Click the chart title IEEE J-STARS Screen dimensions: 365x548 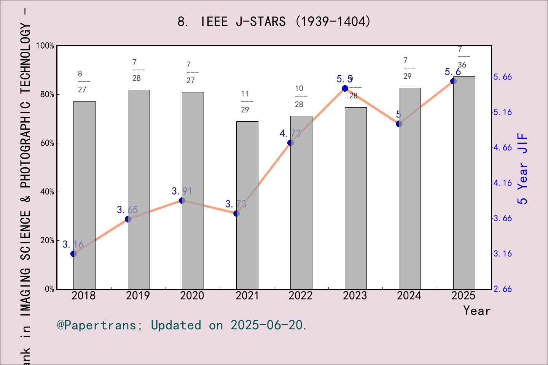point(274,22)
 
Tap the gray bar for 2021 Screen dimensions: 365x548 point(247,205)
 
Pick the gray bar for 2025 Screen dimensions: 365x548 point(464,183)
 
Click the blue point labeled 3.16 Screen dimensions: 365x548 point(73,254)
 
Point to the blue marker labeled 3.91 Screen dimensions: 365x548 point(182,200)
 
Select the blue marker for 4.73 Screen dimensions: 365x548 point(290,143)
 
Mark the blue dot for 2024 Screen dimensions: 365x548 point(399,124)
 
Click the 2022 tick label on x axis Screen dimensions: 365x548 point(300,296)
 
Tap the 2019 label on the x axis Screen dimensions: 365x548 point(138,296)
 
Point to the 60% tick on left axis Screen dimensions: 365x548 point(47,143)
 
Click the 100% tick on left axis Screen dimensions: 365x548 point(45,46)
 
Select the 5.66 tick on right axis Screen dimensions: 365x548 point(502,77)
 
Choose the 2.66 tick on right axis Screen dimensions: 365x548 point(502,289)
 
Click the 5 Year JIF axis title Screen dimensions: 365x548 point(523,168)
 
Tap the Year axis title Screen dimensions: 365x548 point(476,311)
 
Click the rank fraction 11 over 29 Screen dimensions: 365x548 point(245,102)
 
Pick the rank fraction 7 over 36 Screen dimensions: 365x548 point(462,57)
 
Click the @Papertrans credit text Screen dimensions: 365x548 point(182,325)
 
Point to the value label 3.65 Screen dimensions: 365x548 point(127,210)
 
